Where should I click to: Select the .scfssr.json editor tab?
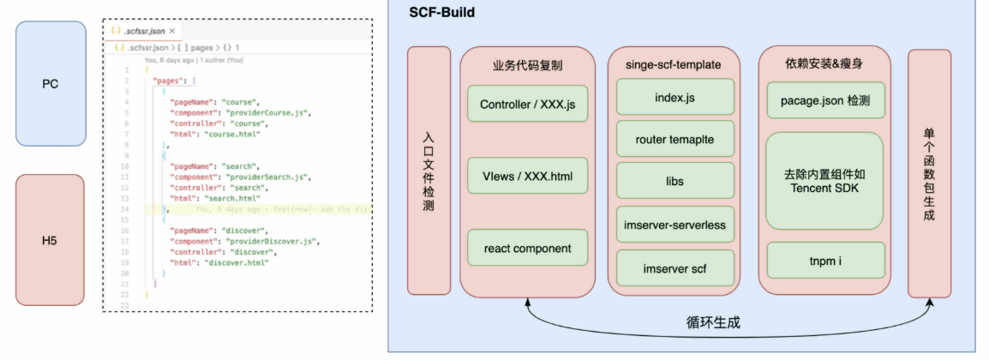[141, 31]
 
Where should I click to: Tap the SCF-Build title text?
[442, 13]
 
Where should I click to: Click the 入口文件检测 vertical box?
[429, 171]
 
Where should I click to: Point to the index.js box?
[674, 98]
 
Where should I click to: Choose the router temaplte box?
[674, 139]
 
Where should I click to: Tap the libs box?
[674, 182]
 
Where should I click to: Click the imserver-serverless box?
[674, 225]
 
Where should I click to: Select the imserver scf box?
[674, 268]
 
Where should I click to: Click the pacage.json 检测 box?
[824, 100]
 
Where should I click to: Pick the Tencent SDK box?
[824, 181]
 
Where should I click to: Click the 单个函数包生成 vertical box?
[929, 172]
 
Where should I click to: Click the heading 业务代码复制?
[527, 64]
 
